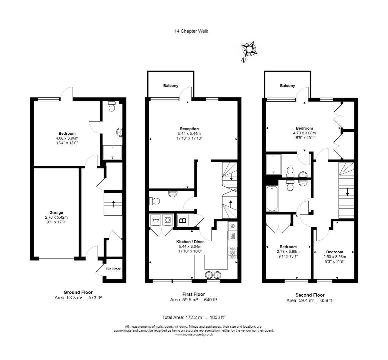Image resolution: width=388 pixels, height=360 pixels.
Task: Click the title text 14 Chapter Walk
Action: click(191, 31)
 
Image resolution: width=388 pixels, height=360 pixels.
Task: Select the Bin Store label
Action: click(113, 269)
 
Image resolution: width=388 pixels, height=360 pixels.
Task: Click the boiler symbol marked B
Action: click(183, 220)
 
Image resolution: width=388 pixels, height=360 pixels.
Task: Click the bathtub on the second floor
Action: click(272, 199)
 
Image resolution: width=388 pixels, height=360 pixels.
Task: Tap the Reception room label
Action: click(189, 129)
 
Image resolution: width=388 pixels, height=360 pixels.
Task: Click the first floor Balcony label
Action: click(171, 86)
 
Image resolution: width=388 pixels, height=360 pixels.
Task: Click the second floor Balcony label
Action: click(287, 86)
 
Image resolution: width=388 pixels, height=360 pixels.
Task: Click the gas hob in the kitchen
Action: click(232, 253)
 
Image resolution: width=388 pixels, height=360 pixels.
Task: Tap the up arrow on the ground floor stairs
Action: click(114, 203)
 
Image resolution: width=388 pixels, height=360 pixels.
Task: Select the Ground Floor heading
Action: click(78, 292)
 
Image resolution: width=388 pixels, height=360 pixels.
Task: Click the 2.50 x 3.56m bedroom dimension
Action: click(334, 257)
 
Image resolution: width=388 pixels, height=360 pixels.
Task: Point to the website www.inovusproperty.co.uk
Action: click(194, 334)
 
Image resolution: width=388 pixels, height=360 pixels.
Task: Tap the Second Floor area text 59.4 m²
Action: click(310, 300)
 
